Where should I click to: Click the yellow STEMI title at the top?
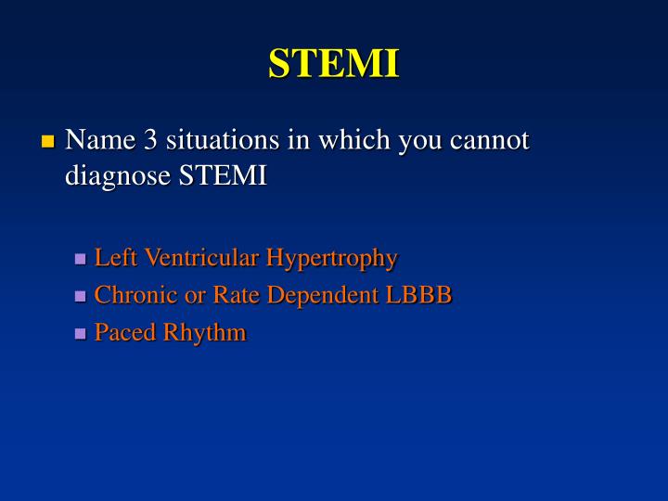334,64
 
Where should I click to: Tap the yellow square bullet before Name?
48,142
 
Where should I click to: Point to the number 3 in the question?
150,140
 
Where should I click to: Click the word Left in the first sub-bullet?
113,257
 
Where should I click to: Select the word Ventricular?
199,257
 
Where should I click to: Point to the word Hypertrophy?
332,259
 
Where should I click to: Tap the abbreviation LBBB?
422,295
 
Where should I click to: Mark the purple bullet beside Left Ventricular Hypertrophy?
81,259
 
